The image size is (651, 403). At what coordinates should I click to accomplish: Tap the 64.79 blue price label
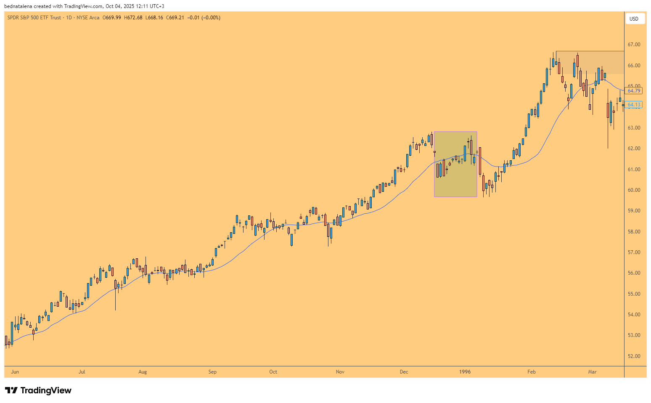click(634, 91)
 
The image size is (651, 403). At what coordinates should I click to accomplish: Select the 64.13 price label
click(634, 105)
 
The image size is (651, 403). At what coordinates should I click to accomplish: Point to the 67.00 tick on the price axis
click(634, 45)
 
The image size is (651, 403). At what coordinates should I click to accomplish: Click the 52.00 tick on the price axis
click(634, 356)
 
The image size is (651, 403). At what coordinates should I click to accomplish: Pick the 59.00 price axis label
click(634, 211)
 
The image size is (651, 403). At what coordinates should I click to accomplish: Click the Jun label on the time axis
click(15, 372)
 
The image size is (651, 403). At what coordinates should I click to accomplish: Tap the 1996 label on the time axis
click(465, 372)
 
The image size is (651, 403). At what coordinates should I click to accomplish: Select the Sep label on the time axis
click(212, 372)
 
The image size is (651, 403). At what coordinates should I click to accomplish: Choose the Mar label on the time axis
click(592, 372)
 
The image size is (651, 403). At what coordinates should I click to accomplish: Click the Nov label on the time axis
click(340, 372)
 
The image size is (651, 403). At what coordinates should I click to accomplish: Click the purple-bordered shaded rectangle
click(455, 164)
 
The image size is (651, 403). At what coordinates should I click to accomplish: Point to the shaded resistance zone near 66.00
click(590, 63)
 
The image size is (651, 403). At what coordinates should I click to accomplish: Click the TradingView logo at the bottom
click(38, 390)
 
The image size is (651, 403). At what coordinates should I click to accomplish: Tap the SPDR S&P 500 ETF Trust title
click(34, 18)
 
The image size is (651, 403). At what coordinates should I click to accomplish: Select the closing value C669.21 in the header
click(175, 18)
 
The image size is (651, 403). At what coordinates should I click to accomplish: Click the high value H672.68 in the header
click(133, 18)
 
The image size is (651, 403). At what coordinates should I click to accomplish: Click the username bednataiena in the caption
click(18, 6)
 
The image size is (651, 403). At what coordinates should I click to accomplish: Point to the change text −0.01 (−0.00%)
click(204, 18)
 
